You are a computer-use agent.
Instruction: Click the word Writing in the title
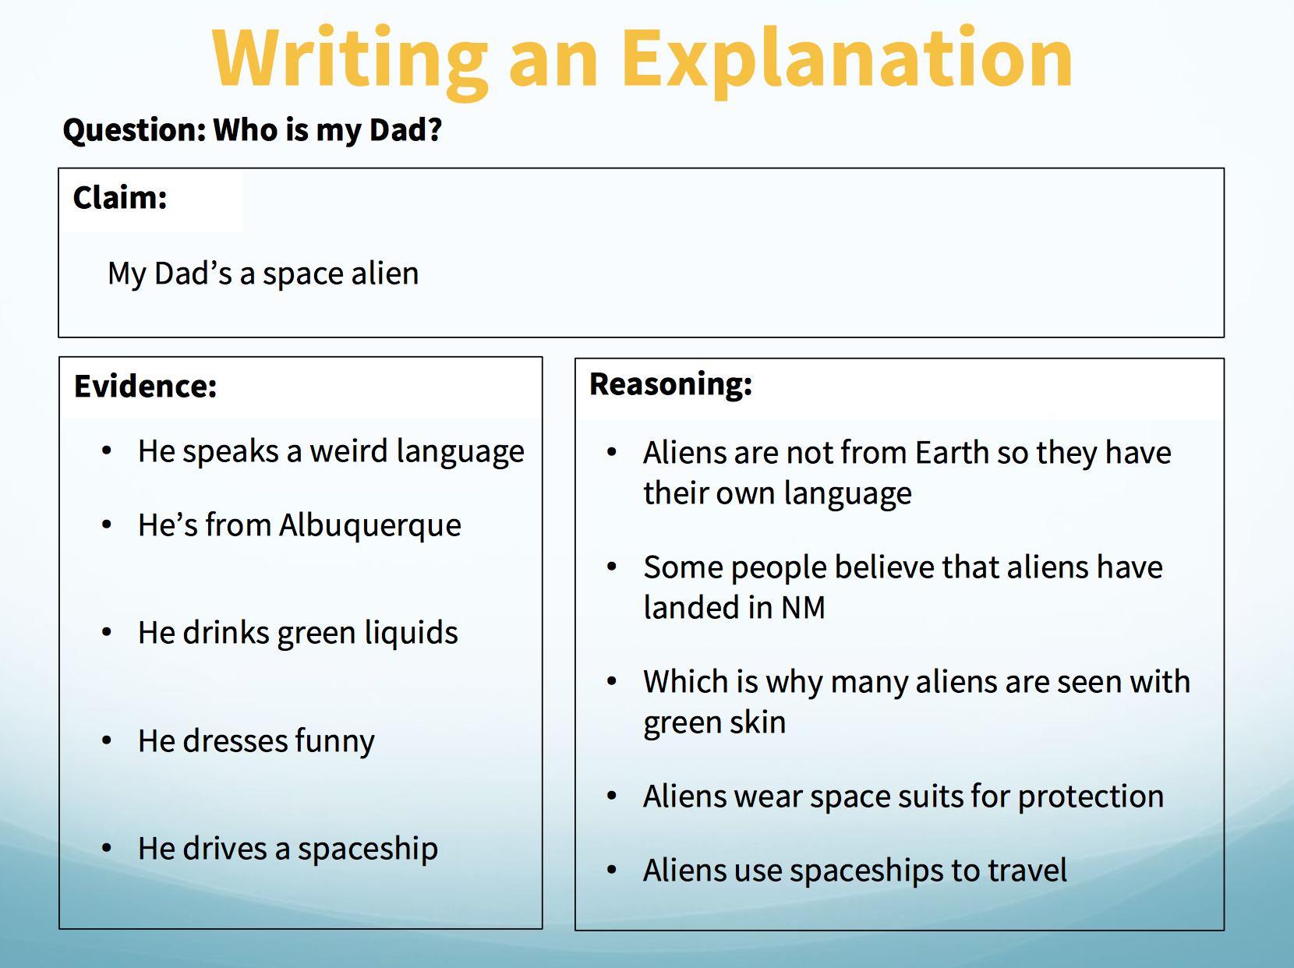click(x=349, y=60)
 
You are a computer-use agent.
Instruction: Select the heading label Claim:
click(x=120, y=197)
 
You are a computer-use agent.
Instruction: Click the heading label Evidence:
click(x=145, y=387)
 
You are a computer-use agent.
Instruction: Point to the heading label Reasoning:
click(x=671, y=385)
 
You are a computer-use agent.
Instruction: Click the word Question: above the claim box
click(x=134, y=130)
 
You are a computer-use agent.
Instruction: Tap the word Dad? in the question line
click(x=405, y=129)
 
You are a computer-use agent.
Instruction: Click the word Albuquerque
click(x=369, y=525)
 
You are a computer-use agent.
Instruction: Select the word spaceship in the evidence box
click(x=368, y=850)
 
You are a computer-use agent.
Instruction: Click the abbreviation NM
click(x=803, y=607)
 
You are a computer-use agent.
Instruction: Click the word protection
click(x=1091, y=797)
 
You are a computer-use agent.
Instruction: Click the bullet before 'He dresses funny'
click(x=107, y=740)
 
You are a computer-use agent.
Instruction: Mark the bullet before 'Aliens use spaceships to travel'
click(x=612, y=870)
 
